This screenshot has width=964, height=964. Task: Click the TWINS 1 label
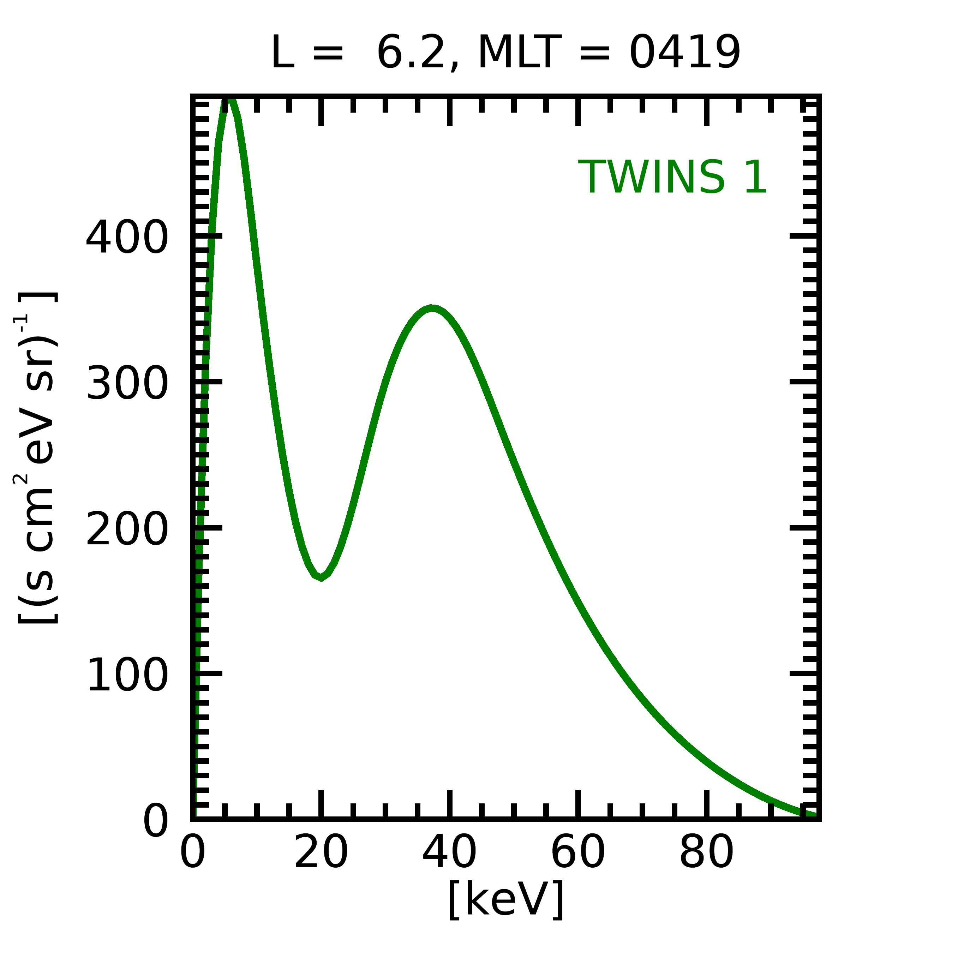[x=672, y=177]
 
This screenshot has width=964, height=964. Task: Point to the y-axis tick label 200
[x=127, y=529]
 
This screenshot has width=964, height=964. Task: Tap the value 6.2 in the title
[x=410, y=53]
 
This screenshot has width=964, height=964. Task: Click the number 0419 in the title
[x=684, y=53]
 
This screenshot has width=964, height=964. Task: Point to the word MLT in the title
[x=520, y=53]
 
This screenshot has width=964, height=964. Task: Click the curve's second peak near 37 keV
[x=432, y=309]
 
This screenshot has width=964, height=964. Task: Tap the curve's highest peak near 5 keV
[x=228, y=100]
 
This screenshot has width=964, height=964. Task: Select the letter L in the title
[x=282, y=53]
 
